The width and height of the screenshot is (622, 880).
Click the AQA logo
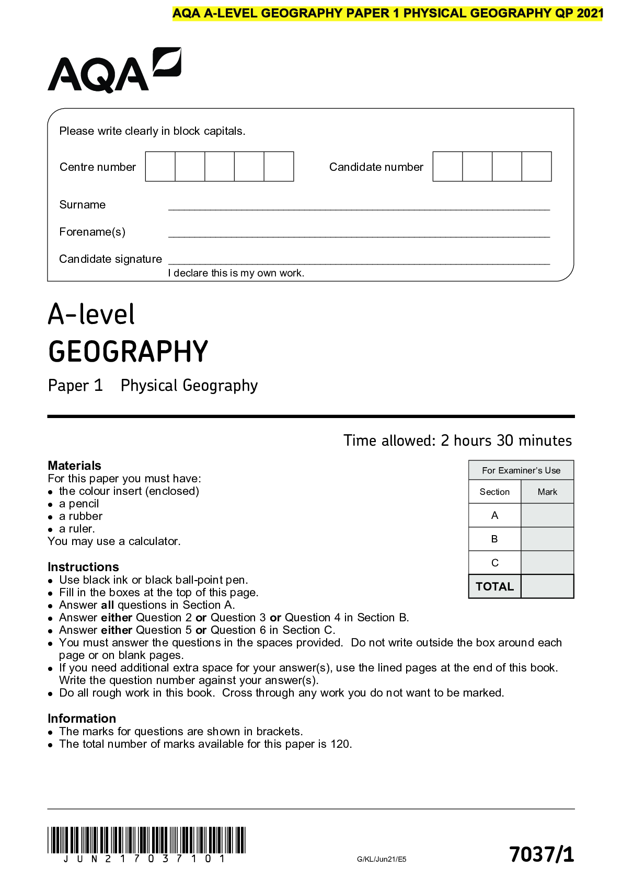114,71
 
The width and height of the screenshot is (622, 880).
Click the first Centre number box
160,167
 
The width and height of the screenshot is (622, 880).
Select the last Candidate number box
537,167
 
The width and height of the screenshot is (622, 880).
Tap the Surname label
83,205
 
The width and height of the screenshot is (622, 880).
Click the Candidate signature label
110,259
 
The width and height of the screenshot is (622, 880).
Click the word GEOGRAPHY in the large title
128,351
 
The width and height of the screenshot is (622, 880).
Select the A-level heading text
91,315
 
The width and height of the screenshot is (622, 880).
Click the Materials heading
74,466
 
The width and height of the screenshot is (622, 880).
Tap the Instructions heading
83,567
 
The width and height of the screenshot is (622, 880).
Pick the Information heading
82,719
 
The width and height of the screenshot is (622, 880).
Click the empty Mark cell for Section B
547,539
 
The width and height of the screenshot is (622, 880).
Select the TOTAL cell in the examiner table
494,586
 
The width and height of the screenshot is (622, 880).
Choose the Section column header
494,492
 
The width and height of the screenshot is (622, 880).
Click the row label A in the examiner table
494,516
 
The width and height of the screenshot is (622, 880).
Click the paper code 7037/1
542,854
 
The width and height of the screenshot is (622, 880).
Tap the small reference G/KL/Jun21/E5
382,859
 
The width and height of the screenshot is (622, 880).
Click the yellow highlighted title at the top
387,14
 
